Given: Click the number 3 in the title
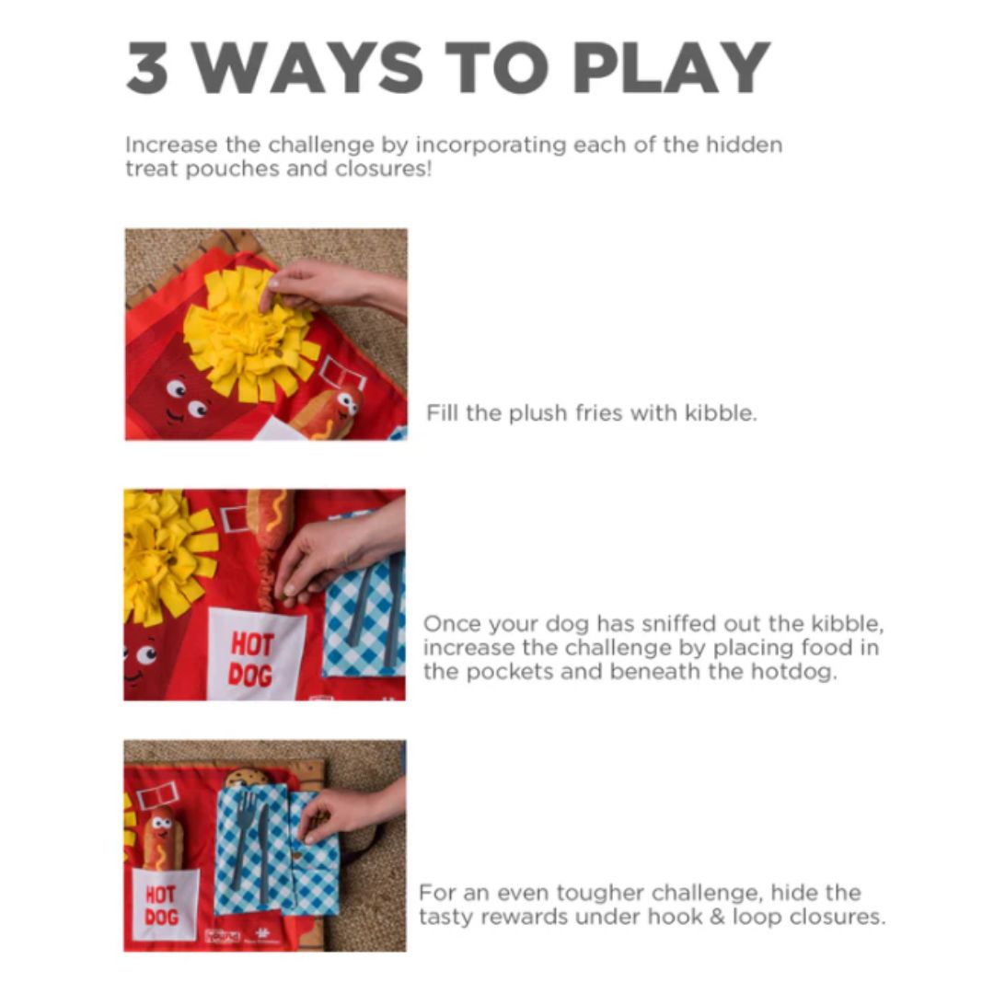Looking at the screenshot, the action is point(147,68).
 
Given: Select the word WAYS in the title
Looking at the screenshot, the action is point(307,68).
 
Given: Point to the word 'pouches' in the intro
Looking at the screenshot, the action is point(233,170).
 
